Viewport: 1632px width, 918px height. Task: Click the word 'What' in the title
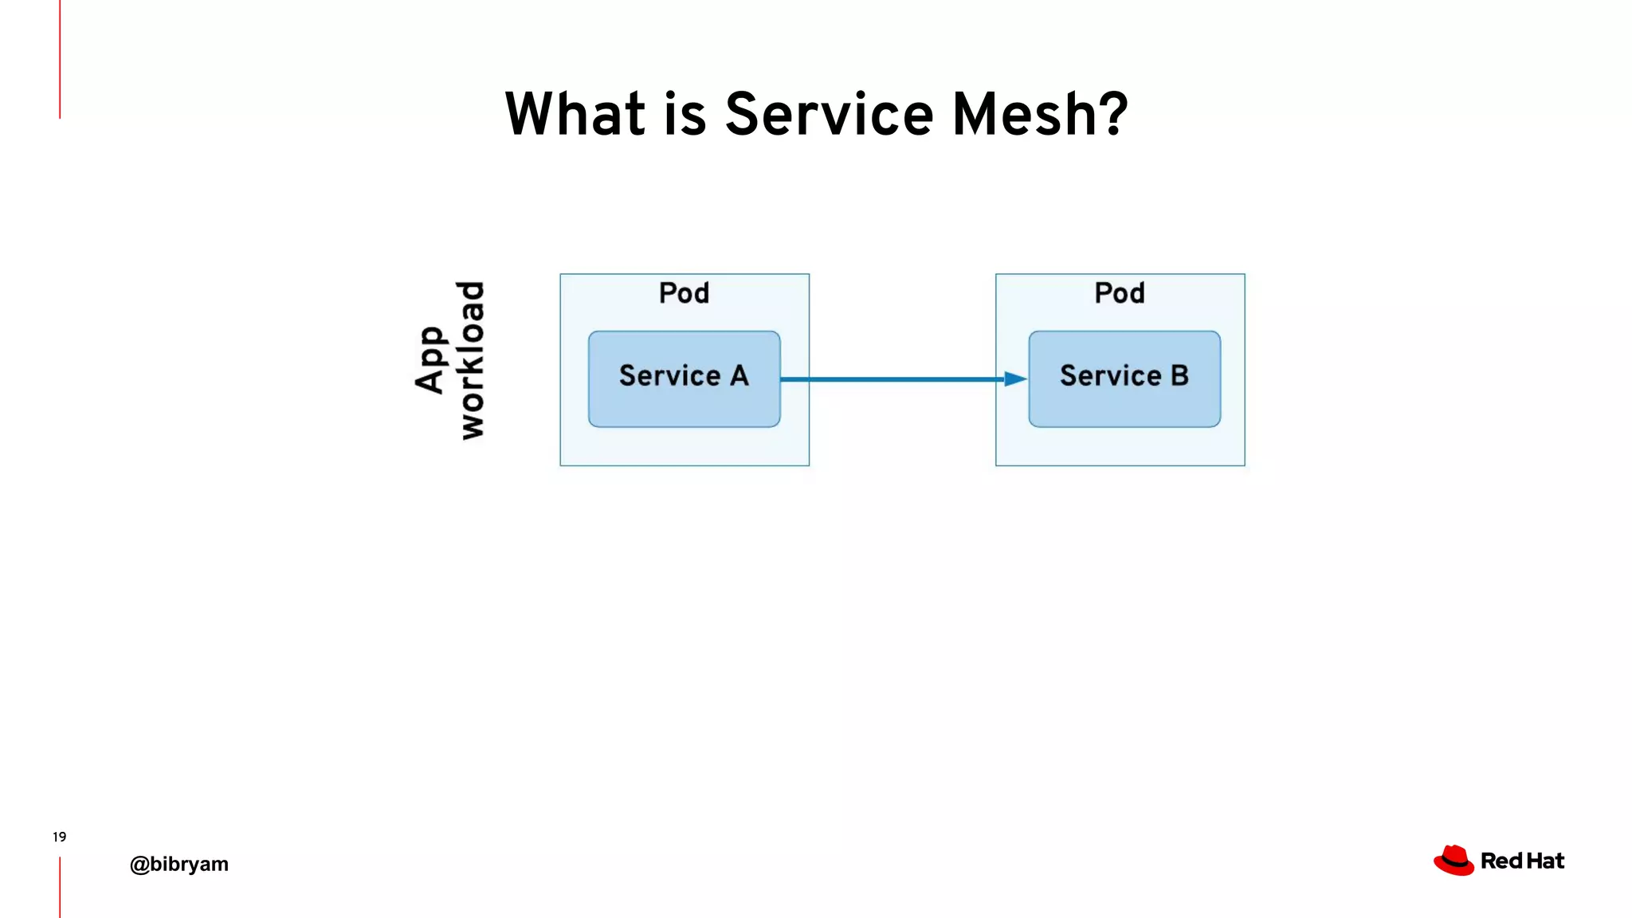(575, 114)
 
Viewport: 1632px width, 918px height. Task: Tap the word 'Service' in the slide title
(829, 114)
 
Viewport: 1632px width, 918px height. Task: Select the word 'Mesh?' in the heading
(1040, 114)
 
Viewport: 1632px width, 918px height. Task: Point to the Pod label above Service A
(684, 293)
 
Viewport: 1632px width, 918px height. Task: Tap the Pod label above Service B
(1120, 293)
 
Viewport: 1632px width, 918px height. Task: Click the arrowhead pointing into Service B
(1015, 379)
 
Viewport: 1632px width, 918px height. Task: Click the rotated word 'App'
(431, 360)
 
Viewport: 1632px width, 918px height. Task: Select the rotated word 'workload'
(471, 360)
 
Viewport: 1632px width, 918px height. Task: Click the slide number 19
(59, 837)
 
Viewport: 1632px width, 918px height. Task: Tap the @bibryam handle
(179, 864)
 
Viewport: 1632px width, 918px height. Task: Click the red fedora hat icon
(1453, 861)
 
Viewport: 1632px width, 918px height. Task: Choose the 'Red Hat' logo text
(1522, 861)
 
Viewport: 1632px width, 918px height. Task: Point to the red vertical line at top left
(60, 60)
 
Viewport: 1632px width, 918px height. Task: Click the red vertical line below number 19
(60, 887)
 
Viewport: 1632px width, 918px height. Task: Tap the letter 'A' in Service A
(739, 375)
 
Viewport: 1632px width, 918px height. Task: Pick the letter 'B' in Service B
(1179, 375)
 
